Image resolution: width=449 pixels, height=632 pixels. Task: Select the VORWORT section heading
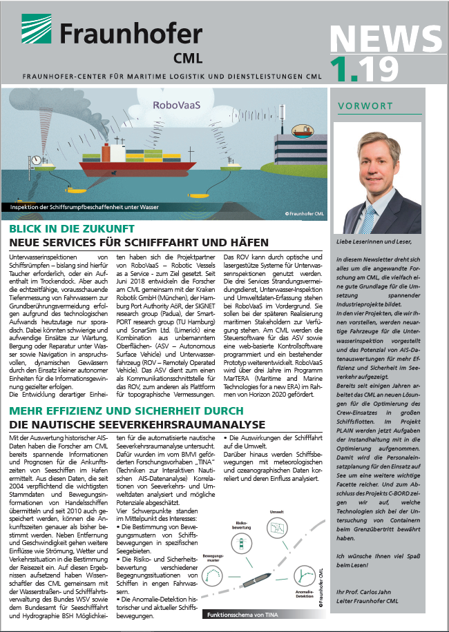pos(365,106)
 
